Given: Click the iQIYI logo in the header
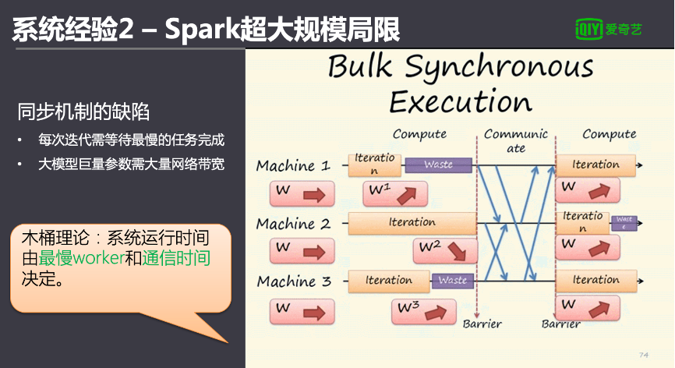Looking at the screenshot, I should click(609, 30).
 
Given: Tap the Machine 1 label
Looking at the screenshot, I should click(293, 166).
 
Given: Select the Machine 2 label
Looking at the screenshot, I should click(293, 224).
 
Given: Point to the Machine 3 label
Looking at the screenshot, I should click(293, 281).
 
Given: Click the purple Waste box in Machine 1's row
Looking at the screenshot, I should click(438, 165).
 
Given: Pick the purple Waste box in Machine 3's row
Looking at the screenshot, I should click(452, 280).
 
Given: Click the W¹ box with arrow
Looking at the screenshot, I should click(394, 193).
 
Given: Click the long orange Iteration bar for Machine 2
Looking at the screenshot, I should click(412, 223).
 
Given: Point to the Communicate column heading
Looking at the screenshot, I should click(516, 140).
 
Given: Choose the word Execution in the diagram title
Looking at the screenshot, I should click(460, 102).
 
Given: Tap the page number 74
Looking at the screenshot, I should click(644, 355).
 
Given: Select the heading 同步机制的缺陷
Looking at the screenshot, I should click(83, 111).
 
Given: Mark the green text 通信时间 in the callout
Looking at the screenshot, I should click(175, 258).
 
